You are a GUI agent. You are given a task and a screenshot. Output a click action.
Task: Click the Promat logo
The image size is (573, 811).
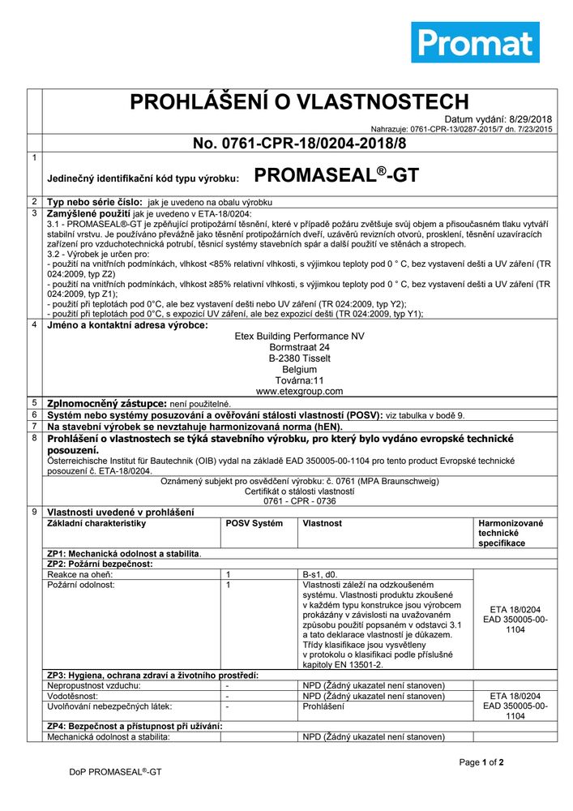[475, 42]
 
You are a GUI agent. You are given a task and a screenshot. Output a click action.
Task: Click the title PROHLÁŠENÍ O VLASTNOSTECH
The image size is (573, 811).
[289, 102]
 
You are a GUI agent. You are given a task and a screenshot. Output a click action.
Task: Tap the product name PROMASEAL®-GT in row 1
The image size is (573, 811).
[336, 175]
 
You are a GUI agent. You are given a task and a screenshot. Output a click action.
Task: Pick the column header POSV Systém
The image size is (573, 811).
[254, 524]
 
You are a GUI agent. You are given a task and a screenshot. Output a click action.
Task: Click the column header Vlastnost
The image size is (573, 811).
[323, 524]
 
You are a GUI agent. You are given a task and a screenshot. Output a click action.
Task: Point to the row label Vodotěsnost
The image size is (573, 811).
[73, 696]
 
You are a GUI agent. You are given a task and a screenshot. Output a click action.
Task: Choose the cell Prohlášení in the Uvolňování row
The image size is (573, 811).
[323, 706]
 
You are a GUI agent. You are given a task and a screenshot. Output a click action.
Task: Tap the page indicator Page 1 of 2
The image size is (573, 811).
[481, 762]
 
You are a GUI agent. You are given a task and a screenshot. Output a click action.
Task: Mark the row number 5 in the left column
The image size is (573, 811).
[34, 402]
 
